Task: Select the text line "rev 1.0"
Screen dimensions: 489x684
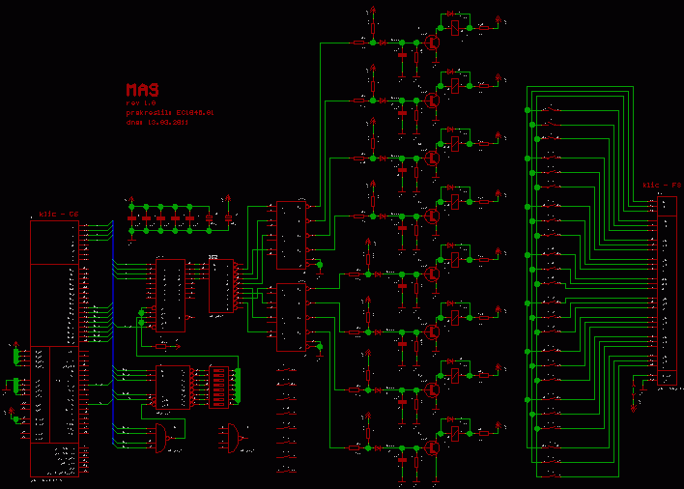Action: (139, 102)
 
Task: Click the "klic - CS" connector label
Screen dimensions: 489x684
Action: (58, 214)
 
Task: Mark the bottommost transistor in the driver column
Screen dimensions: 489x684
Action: (433, 447)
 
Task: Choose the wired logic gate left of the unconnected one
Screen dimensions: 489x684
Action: (160, 437)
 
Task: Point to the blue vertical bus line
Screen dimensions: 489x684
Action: (113, 338)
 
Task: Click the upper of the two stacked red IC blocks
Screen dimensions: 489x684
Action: (291, 235)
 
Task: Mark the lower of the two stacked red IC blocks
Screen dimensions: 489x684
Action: (291, 317)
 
